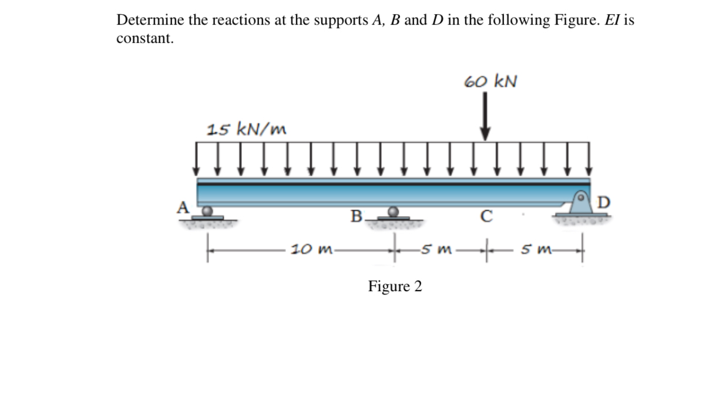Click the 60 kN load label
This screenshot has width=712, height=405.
[x=491, y=81]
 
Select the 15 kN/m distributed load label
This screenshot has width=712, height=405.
[x=247, y=129]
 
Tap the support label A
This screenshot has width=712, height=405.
[x=184, y=207]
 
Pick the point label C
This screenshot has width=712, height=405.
[x=485, y=216]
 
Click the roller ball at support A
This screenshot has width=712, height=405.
[x=206, y=210]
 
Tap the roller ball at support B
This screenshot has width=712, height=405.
[x=394, y=211]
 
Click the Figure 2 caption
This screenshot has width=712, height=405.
[x=395, y=286]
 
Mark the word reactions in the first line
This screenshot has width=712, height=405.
[x=224, y=20]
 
